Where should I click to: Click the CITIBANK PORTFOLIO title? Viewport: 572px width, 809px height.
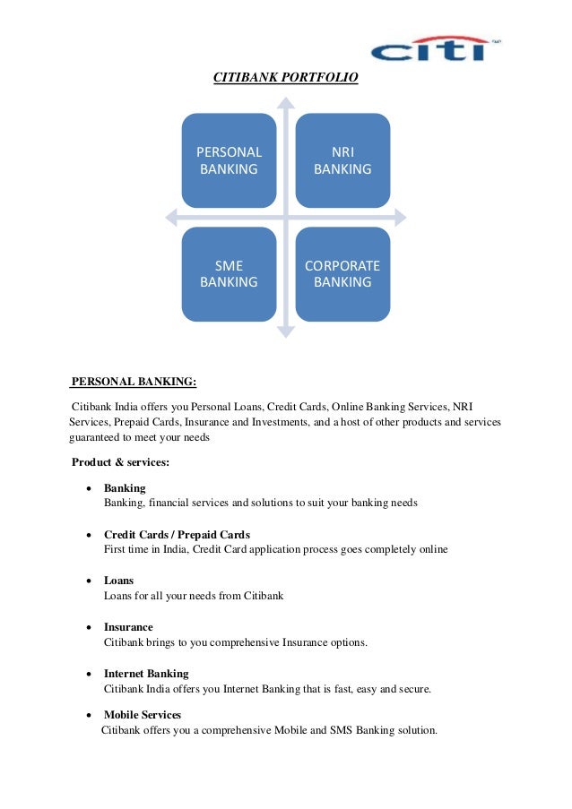[285, 79]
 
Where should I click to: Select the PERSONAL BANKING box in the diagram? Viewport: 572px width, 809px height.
[229, 160]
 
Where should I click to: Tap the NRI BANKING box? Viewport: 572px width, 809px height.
[342, 160]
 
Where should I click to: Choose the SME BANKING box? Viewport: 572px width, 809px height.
[229, 273]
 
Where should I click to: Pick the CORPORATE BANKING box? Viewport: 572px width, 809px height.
[342, 273]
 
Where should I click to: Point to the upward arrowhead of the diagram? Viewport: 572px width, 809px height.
[285, 101]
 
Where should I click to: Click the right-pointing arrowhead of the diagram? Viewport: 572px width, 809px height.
[399, 217]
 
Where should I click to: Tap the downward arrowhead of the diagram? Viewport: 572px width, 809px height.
[285, 332]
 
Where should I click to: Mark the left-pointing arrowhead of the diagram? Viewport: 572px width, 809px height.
[171, 217]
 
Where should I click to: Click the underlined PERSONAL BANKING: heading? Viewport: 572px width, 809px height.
[134, 383]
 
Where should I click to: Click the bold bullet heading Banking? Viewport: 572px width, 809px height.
[125, 488]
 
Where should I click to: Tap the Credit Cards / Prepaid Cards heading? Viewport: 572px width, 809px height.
[177, 535]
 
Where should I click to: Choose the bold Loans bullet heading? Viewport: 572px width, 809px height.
[118, 581]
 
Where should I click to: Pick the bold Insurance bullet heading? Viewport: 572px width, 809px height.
[128, 627]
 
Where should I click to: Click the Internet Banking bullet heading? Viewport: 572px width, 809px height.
[146, 674]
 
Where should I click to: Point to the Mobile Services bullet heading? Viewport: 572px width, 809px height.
[143, 715]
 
